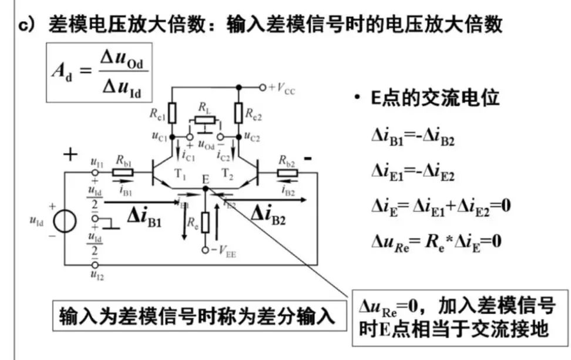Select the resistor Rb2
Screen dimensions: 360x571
287,173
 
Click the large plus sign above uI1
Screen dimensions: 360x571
70,155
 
